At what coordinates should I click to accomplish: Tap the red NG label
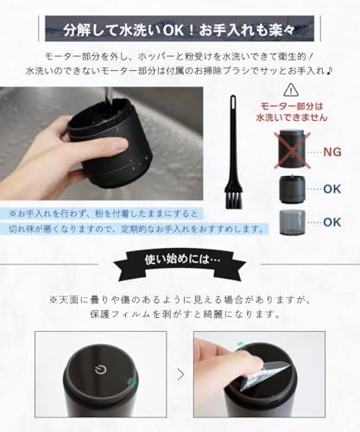click(x=332, y=151)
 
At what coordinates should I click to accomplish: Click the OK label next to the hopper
click(x=331, y=190)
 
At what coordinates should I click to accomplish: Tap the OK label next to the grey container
click(x=331, y=223)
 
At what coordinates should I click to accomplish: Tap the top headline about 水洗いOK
click(x=180, y=16)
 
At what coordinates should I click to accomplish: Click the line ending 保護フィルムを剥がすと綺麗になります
click(x=180, y=314)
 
